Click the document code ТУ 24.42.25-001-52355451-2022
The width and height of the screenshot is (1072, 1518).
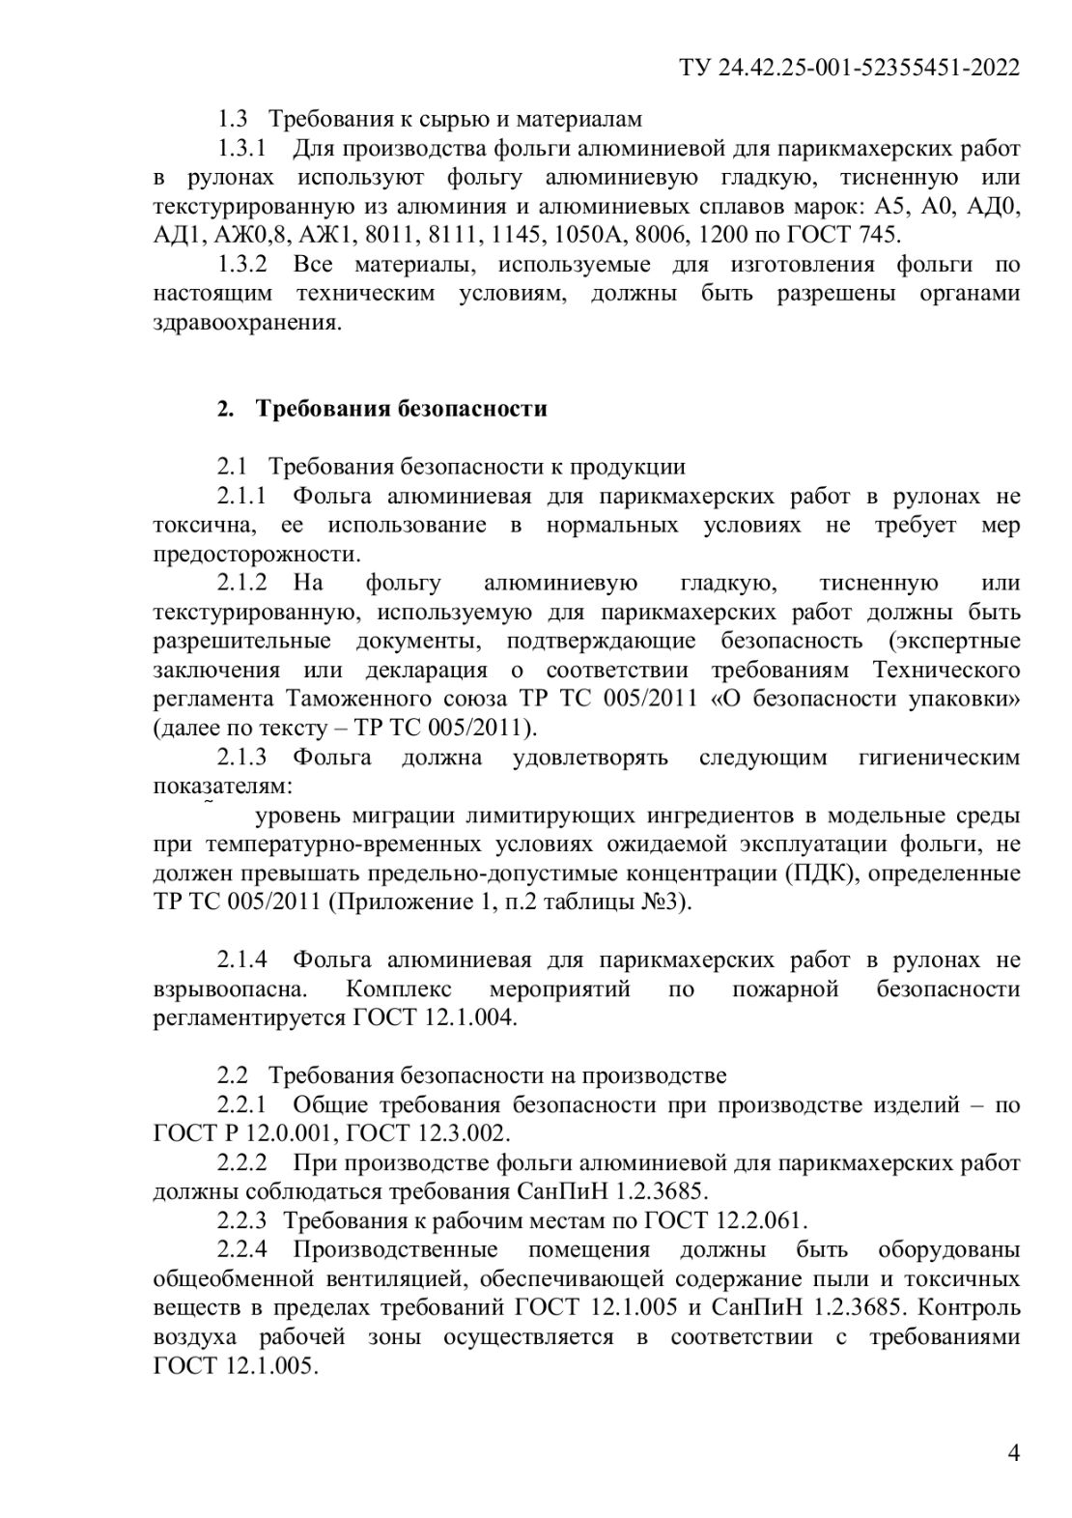click(x=850, y=67)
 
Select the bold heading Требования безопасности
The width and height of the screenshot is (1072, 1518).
click(x=401, y=409)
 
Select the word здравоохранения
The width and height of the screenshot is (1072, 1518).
click(x=246, y=323)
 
